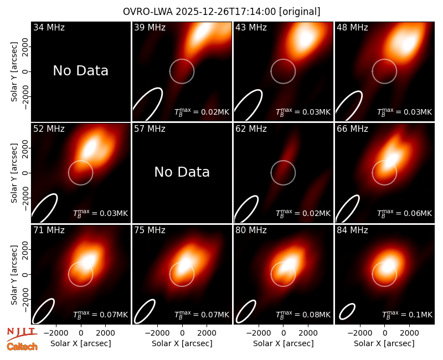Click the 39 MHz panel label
150,27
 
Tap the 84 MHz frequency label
352,230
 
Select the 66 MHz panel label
352,129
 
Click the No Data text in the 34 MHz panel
80,71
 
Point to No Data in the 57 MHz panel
182,172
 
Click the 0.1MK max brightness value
407,315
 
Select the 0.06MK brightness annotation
405,213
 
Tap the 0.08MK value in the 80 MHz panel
303,315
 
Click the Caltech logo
22,347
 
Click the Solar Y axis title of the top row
14,72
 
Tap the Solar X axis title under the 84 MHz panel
384,343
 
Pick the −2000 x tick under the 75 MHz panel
157,333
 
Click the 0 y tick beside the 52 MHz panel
25,173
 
